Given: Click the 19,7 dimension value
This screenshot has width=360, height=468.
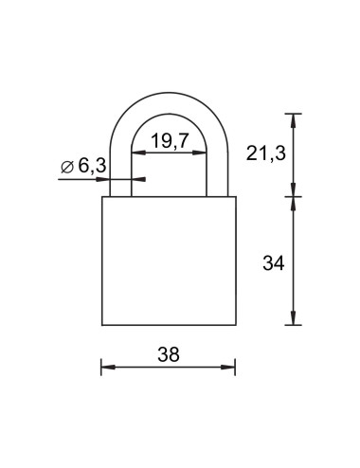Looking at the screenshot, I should click(x=168, y=141).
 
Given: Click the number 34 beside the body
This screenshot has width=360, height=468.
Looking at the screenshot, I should click(x=274, y=261).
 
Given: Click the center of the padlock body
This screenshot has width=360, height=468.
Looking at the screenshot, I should click(x=168, y=261).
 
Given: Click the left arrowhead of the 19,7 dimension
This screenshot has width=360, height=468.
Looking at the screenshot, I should click(x=133, y=154).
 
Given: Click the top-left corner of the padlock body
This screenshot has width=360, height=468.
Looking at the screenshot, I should click(x=101, y=197).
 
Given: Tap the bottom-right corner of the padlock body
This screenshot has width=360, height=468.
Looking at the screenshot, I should click(x=234, y=325).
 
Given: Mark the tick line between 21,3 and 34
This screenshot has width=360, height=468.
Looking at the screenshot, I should click(x=295, y=197).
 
